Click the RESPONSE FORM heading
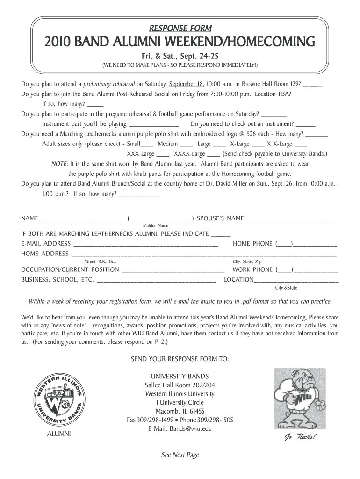(x=180, y=28)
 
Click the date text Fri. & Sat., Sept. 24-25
(x=180, y=55)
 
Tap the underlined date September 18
(x=186, y=85)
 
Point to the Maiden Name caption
(x=155, y=225)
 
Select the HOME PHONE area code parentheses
(x=284, y=244)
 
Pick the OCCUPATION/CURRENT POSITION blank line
(x=173, y=270)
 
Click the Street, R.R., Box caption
(x=100, y=261)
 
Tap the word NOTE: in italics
(x=60, y=164)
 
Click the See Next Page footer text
(x=180, y=455)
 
